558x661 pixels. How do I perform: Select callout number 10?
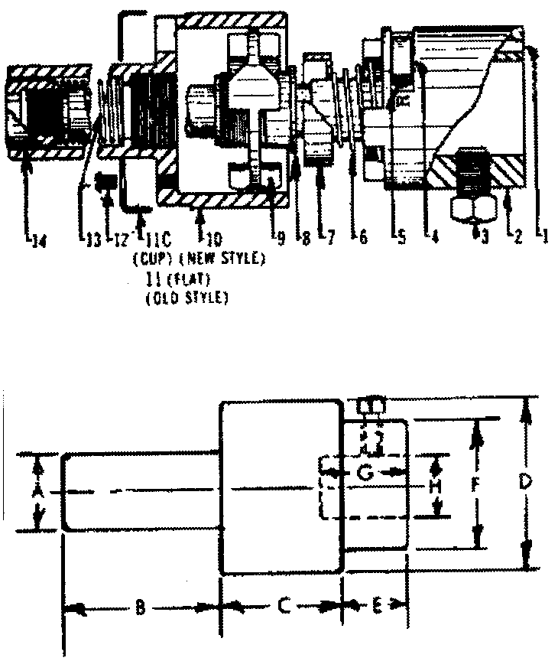[x=207, y=239]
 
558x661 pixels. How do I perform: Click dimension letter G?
[x=366, y=474]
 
